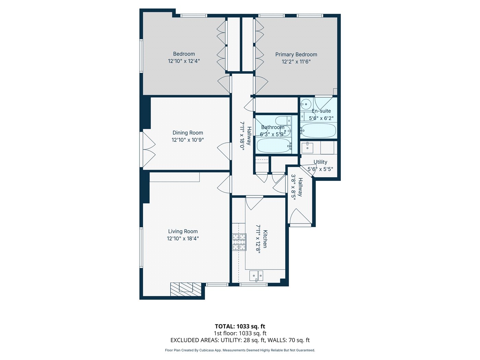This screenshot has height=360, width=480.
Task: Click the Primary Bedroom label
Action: point(296,55)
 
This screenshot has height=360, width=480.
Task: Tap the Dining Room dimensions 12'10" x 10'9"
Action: point(188,140)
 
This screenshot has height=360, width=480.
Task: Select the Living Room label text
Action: point(183,231)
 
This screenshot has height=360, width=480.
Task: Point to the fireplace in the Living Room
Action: point(186,289)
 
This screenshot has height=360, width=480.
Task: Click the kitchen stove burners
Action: point(239,242)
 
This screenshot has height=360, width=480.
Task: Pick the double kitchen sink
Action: point(256,276)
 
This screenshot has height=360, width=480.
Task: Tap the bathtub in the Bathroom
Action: point(274,145)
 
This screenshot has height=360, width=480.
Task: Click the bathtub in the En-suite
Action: point(318,131)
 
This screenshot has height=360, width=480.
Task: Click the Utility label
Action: point(320,162)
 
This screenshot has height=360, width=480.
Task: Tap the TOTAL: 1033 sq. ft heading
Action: point(240,326)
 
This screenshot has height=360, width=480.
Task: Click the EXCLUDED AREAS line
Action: point(240,340)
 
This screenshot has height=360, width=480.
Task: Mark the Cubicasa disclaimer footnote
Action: point(240,350)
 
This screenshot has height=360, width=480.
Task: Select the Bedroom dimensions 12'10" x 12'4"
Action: point(184,61)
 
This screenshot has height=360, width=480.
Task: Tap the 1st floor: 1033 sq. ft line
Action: point(240,333)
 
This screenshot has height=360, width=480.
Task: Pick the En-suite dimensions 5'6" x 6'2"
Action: point(321,118)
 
